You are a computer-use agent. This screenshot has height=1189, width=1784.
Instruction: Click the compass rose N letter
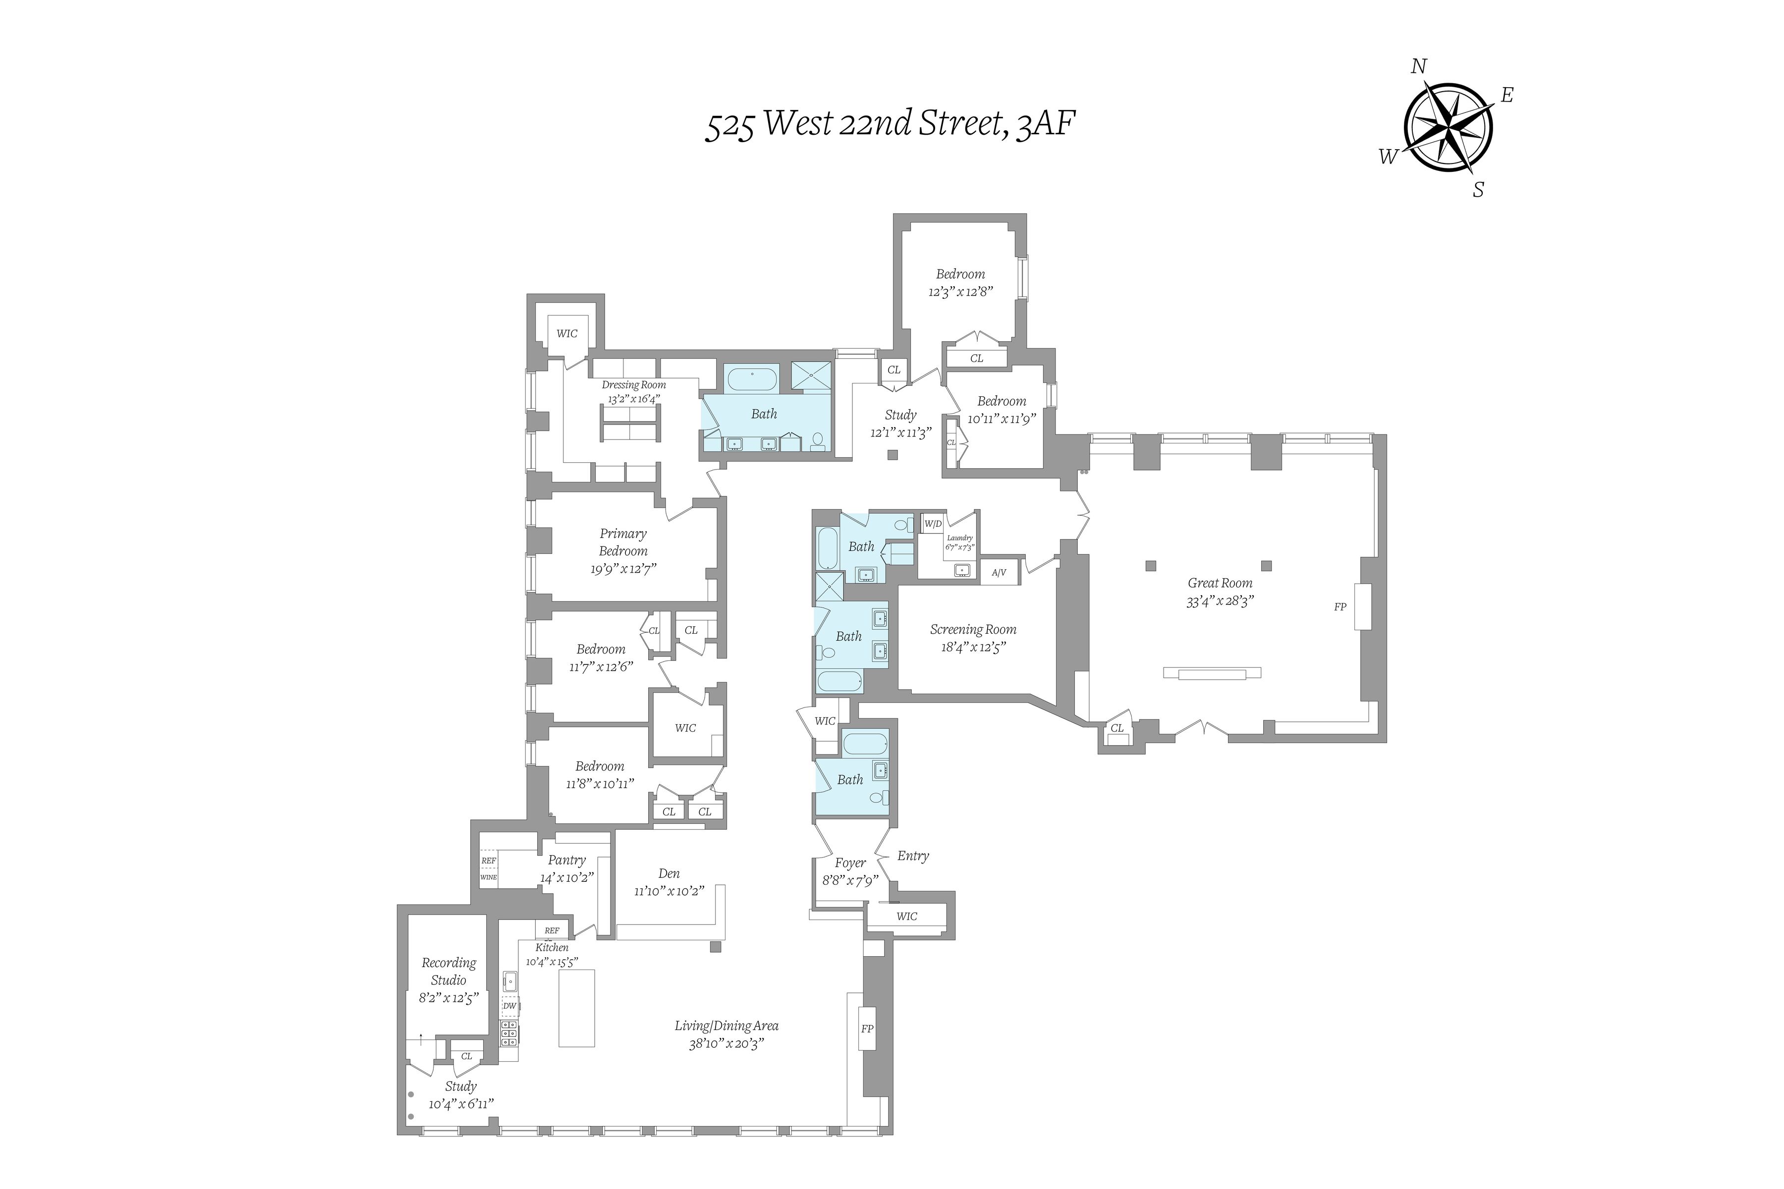[1418, 67]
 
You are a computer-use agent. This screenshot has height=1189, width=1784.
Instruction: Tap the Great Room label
[1220, 583]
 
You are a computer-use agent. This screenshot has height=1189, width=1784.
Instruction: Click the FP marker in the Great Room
[1340, 606]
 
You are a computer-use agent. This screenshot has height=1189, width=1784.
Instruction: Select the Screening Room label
[973, 629]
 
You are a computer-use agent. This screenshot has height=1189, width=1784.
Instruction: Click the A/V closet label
[999, 573]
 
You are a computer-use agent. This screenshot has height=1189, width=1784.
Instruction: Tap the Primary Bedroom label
[623, 542]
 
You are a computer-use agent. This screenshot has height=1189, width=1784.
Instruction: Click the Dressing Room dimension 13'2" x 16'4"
[633, 399]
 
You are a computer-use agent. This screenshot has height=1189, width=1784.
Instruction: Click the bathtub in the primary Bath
[752, 377]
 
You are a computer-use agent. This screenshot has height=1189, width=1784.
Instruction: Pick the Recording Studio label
[448, 972]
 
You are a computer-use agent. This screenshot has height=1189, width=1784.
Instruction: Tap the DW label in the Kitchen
[510, 1006]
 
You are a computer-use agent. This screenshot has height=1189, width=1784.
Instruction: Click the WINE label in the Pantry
[489, 877]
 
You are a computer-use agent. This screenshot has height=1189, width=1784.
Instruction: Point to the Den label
[669, 873]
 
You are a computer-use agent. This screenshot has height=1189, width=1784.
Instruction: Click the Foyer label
[850, 863]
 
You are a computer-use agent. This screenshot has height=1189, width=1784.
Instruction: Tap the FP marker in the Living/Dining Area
[867, 1029]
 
